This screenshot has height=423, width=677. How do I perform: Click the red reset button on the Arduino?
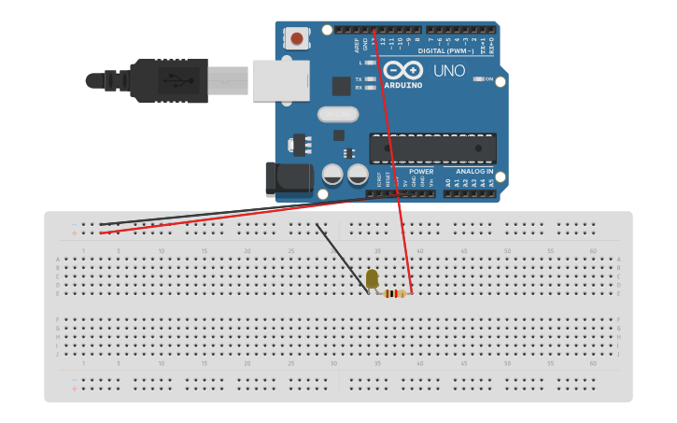click(297, 39)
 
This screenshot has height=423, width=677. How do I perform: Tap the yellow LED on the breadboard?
click(372, 278)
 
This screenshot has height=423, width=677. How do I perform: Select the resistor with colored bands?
click(396, 293)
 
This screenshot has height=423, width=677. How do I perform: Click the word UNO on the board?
click(449, 70)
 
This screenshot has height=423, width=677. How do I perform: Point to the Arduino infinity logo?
click(402, 70)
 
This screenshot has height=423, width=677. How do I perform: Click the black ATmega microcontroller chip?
click(432, 148)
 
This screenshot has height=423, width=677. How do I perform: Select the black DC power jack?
click(285, 179)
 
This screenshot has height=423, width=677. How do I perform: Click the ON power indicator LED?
click(477, 79)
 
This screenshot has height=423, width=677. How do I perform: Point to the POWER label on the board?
click(421, 172)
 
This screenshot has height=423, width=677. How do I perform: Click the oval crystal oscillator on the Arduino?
click(337, 115)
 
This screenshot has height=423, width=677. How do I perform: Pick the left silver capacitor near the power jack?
click(331, 175)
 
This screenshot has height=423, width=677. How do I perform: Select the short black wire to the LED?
click(343, 259)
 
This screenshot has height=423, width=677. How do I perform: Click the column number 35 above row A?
click(377, 251)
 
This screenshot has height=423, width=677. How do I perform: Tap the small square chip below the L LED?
click(341, 86)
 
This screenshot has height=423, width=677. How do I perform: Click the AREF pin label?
click(357, 44)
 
